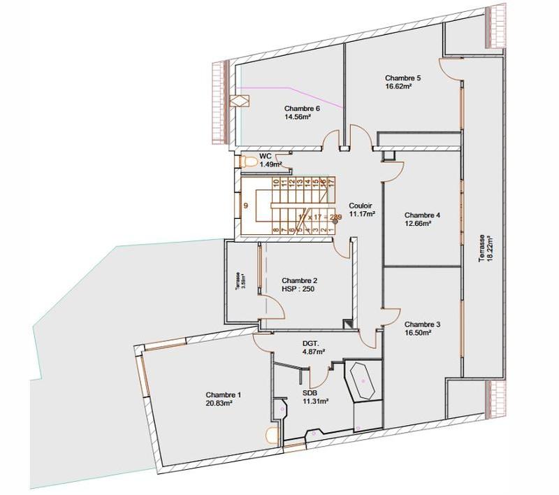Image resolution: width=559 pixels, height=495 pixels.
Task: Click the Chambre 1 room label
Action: click(x=223, y=395)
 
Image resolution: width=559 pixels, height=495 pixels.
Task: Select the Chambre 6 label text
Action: click(x=302, y=108)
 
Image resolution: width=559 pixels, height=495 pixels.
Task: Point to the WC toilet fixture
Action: click(x=245, y=162)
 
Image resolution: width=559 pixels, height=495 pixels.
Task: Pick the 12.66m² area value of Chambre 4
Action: click(x=417, y=224)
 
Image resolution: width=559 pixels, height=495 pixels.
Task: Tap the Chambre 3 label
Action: click(x=422, y=324)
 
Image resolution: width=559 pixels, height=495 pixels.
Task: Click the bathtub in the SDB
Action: click(x=363, y=381)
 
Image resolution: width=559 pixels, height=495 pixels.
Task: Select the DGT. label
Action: click(x=311, y=343)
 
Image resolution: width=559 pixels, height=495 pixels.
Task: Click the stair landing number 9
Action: click(x=246, y=206)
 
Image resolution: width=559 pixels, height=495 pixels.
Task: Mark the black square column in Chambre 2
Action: click(x=347, y=323)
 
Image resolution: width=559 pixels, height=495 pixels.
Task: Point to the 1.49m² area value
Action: click(x=270, y=164)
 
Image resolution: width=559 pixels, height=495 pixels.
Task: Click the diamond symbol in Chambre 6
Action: click(x=242, y=100)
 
